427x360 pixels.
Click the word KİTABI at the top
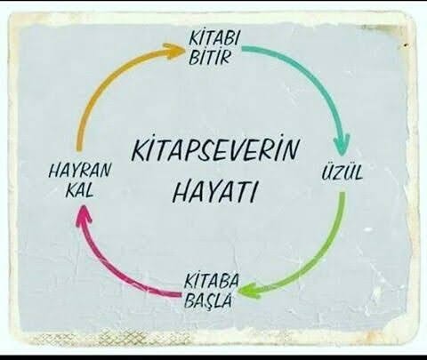pos(213,38)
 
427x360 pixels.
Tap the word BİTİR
pos(209,57)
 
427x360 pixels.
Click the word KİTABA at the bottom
pos(211,281)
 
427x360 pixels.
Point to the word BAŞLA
pos(207,300)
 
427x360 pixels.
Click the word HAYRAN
pos(79,171)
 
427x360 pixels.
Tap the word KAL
pos(79,190)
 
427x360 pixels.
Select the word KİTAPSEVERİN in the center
pos(215,149)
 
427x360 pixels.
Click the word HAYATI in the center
pos(214,192)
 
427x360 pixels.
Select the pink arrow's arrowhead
pos(83,213)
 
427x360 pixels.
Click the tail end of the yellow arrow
pos(79,149)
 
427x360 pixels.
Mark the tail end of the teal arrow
pos(244,48)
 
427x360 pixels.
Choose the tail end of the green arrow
pos(342,194)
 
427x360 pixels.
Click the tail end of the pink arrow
pos(179,294)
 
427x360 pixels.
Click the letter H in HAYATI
pos(181,192)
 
